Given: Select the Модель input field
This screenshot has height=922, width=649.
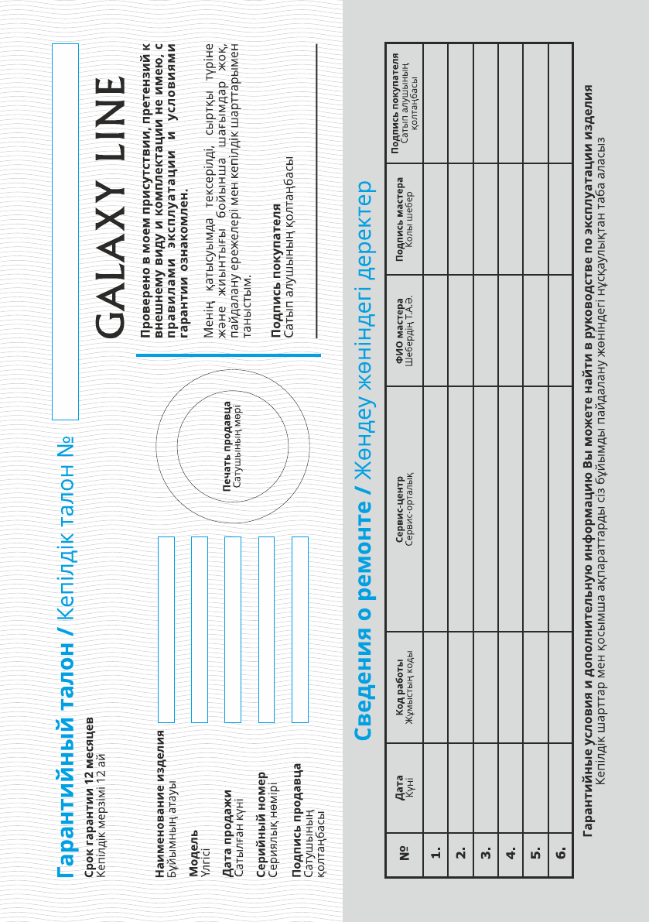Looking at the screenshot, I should [199, 629].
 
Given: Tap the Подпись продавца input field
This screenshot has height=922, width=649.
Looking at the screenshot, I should [300, 629].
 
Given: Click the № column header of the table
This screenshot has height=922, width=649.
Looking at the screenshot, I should [403, 852].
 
